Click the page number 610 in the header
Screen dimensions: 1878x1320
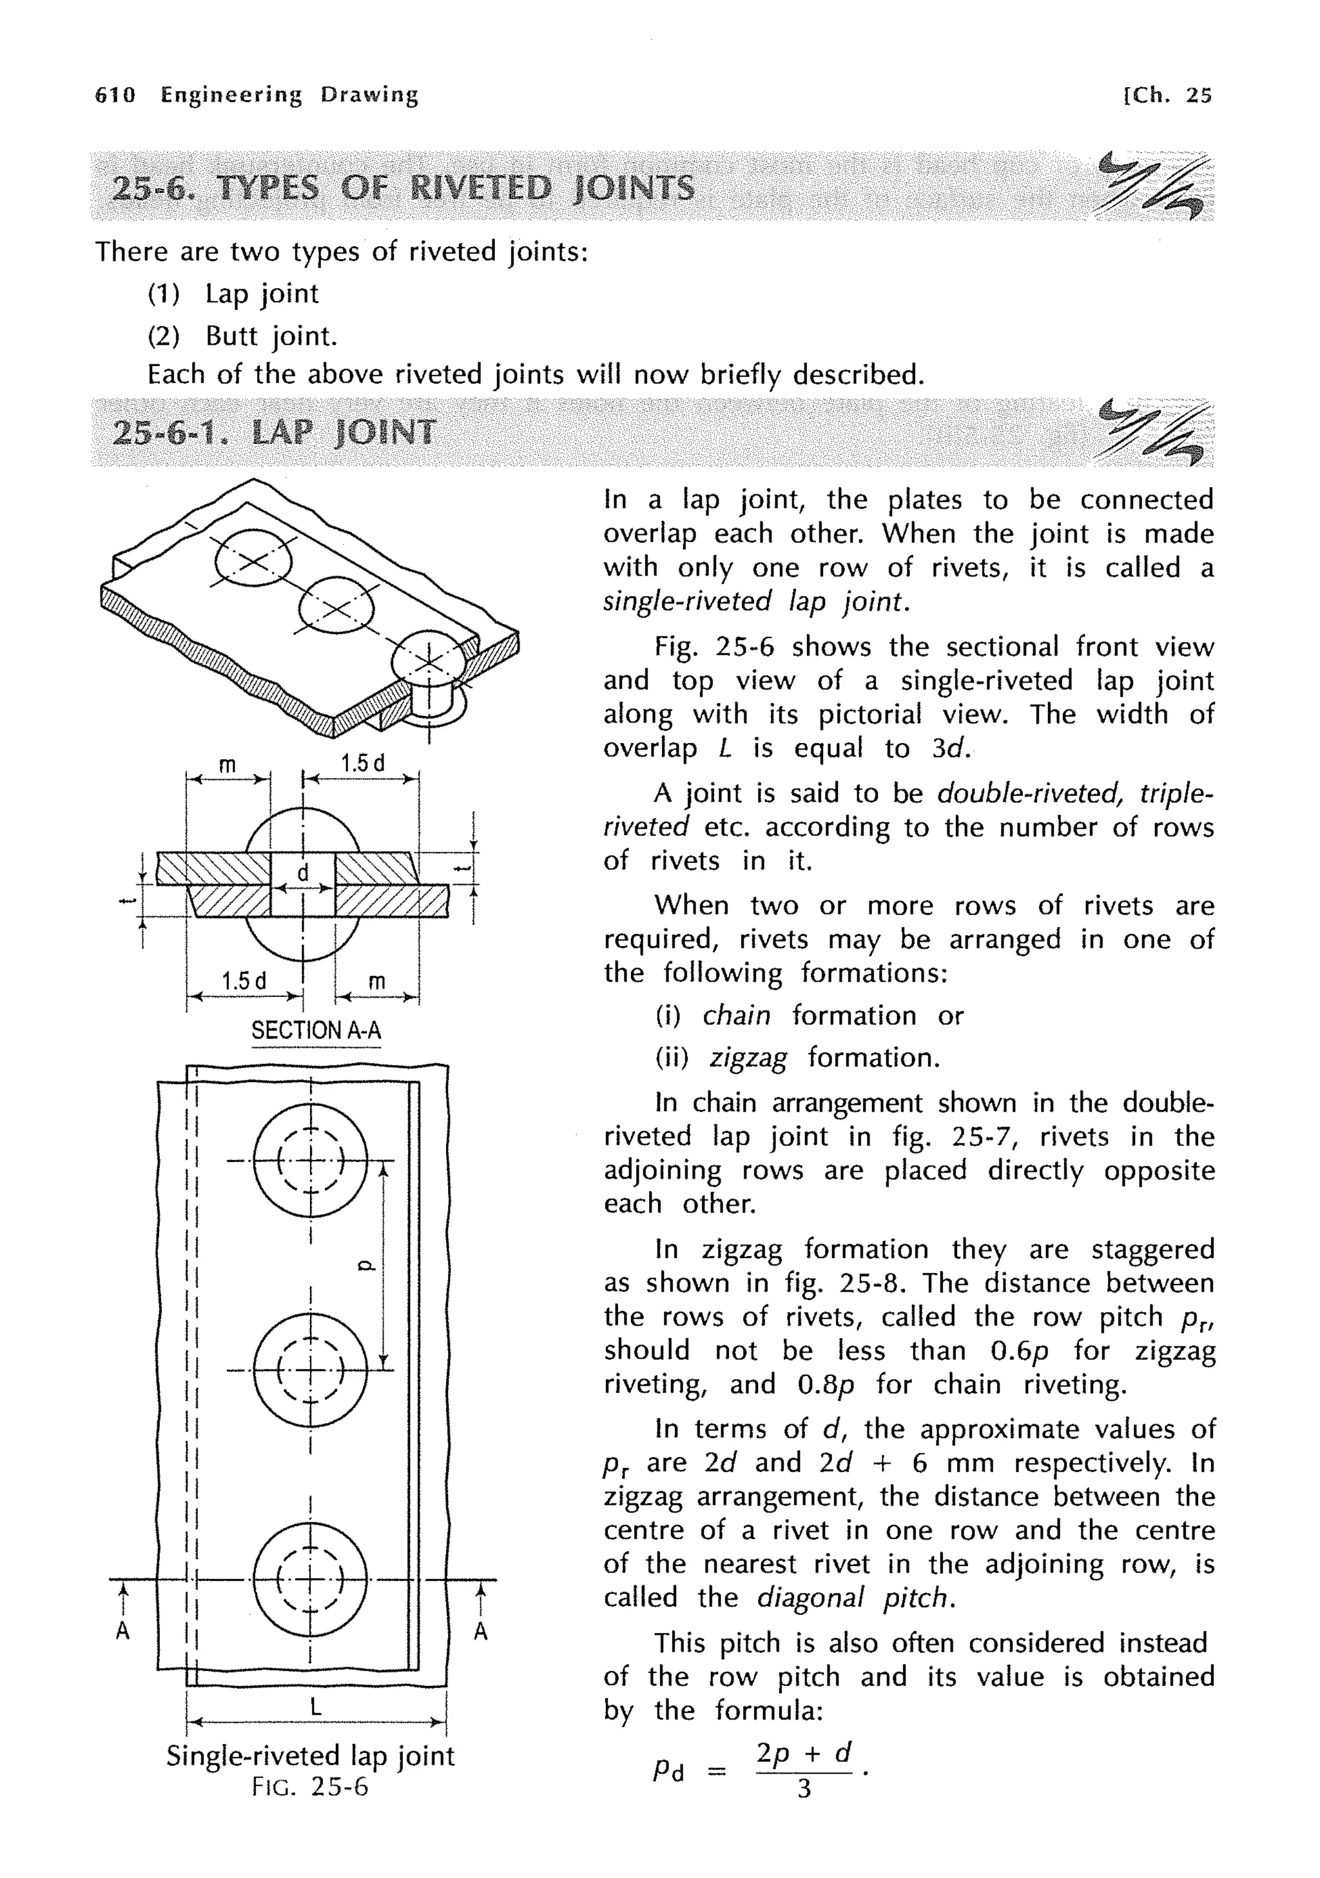tap(115, 95)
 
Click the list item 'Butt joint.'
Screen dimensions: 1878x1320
tap(271, 335)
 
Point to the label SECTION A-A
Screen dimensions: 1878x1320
tap(316, 1030)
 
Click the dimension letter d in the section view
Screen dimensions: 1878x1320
tap(302, 873)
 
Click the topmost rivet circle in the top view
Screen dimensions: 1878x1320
tap(311, 1160)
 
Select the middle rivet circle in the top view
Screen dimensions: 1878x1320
tap(311, 1370)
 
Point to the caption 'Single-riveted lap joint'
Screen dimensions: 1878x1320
tap(310, 1756)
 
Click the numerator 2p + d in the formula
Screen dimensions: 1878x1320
tap(804, 1753)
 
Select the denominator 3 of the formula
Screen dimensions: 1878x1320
tap(804, 1790)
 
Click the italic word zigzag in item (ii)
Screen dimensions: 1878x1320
tap(748, 1058)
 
